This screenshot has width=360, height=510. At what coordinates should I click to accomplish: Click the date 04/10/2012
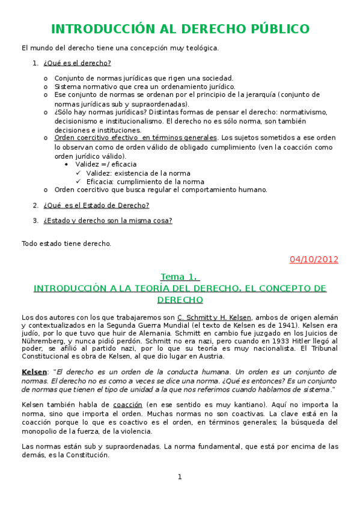point(314,259)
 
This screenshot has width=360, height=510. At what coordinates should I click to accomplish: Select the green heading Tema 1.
point(180,277)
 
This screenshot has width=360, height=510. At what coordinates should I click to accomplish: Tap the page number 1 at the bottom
point(179,477)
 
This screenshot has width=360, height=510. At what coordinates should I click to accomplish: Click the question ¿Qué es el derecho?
point(77,63)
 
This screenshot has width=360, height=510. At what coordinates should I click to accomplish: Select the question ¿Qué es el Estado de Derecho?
point(96,205)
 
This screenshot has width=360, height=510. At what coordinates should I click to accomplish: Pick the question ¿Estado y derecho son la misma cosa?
point(108,220)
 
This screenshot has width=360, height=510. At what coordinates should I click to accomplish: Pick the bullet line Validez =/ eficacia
point(106,164)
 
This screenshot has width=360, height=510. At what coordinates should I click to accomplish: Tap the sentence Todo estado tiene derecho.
point(66,244)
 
